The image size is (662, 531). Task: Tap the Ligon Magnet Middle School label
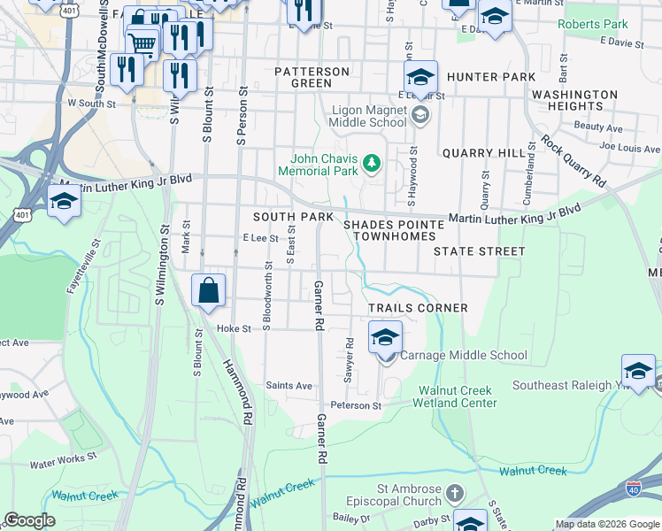pos(368,117)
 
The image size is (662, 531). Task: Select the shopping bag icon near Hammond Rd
pos(208,290)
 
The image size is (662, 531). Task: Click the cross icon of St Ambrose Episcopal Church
pos(454,492)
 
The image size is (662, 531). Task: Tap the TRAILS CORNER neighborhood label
pos(418,308)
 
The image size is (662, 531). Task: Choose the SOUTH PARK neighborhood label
pos(293,217)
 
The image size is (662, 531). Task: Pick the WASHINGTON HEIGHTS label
pos(574,100)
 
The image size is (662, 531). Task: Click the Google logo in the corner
pos(29,520)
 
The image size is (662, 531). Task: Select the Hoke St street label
pos(234,327)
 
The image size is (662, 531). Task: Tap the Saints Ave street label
pos(289,386)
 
